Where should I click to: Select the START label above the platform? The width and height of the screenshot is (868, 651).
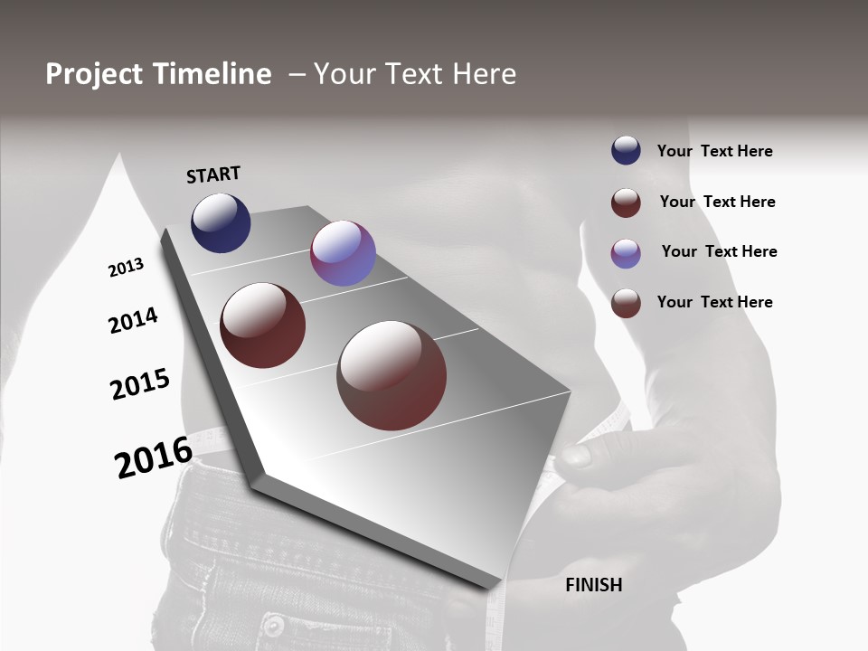click(213, 175)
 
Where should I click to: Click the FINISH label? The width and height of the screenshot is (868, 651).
click(594, 585)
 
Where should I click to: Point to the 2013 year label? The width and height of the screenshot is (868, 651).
click(126, 268)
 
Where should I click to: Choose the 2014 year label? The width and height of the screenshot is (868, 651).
click(133, 320)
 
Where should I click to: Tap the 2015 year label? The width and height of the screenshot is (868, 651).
click(140, 384)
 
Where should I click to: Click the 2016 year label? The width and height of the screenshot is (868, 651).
click(154, 457)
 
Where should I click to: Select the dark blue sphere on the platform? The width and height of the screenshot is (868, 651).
click(221, 222)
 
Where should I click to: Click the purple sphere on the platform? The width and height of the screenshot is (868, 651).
click(343, 253)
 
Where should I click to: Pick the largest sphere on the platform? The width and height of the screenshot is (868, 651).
click(392, 374)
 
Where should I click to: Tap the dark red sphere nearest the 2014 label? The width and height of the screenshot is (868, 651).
click(262, 325)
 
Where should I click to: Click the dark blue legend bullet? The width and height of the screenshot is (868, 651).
click(626, 150)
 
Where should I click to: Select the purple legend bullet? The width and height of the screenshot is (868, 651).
click(626, 253)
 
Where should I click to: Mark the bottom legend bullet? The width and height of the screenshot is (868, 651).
click(626, 303)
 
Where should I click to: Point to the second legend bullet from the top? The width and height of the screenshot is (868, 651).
click(626, 203)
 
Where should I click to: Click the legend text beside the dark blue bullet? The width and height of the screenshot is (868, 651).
click(714, 151)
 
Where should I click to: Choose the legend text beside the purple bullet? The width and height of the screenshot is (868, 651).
click(719, 251)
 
